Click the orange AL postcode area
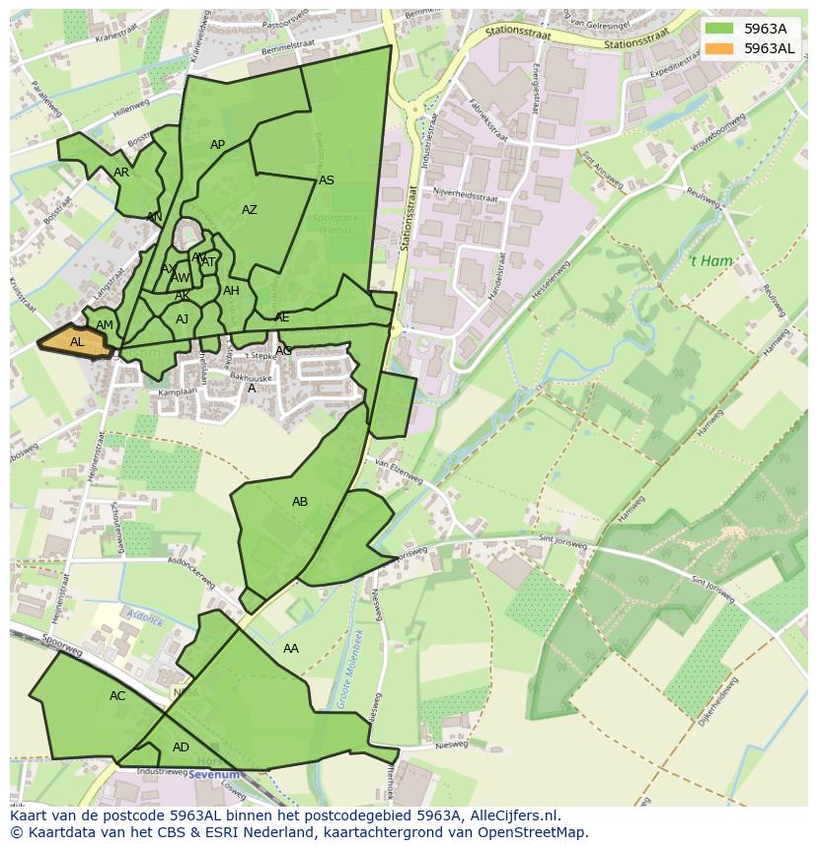76,341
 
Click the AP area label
218,145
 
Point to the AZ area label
250,210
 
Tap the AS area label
327,180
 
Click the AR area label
121,173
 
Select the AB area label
300,502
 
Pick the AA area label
291,649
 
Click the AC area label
117,696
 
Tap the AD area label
181,747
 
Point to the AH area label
231,291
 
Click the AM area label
105,325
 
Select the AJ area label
183,319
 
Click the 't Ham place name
709,261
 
